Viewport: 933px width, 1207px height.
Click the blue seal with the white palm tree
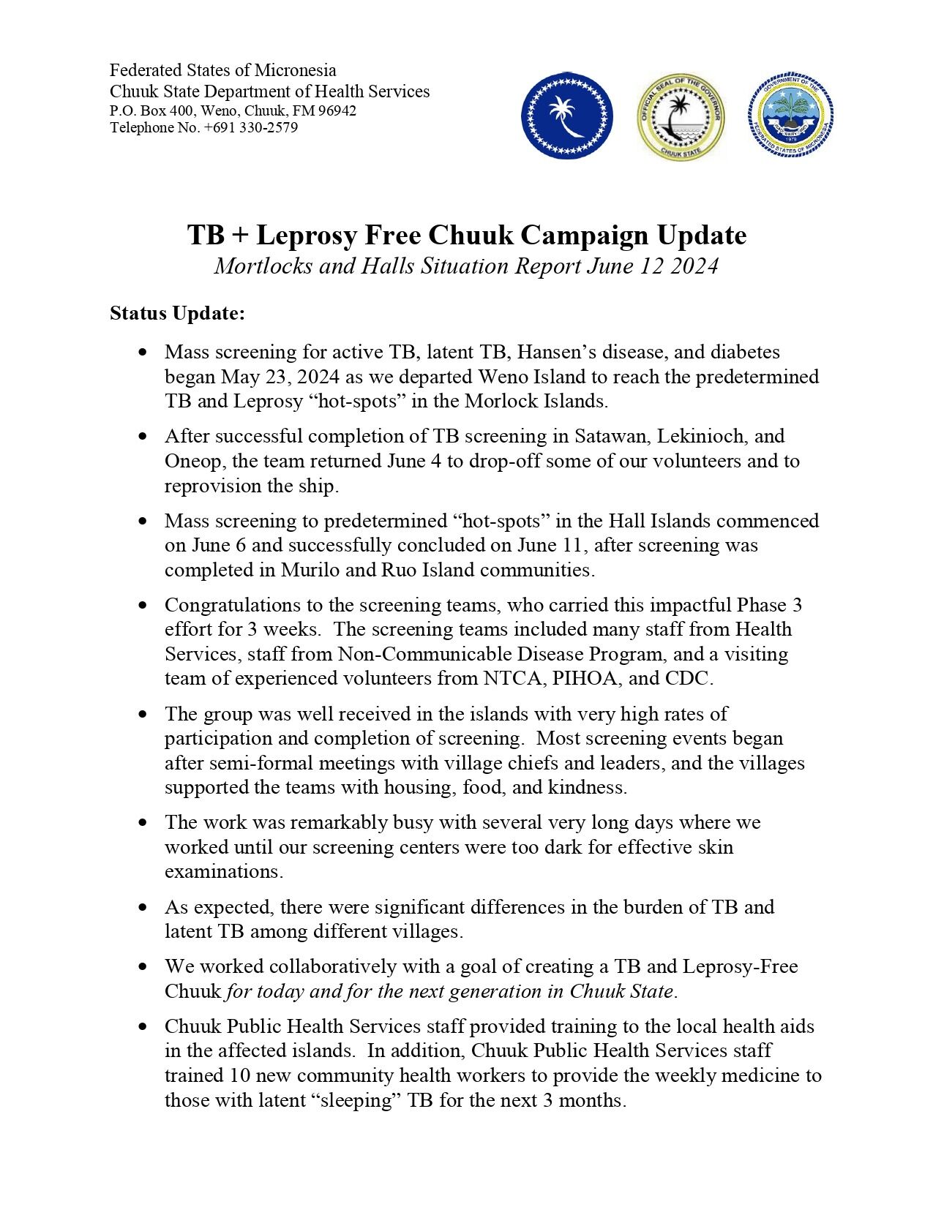tap(567, 117)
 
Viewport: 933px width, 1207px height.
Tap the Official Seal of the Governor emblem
tap(680, 117)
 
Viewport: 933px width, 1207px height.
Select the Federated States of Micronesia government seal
tap(791, 117)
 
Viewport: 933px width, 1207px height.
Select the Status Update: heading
tap(177, 314)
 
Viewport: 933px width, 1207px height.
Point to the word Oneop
tap(190, 461)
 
